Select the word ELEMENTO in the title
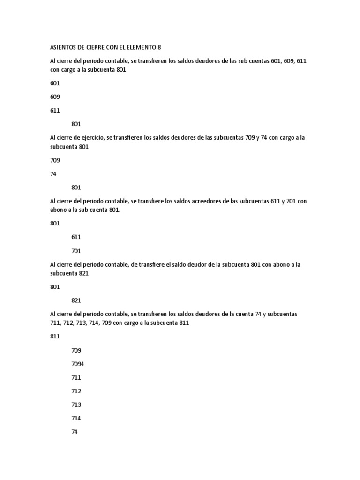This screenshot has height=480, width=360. click(x=140, y=47)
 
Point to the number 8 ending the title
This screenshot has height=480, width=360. click(x=159, y=47)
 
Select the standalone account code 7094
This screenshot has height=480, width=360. click(x=78, y=364)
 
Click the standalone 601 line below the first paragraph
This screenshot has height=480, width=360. click(x=55, y=83)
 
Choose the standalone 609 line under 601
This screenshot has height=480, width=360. click(x=55, y=97)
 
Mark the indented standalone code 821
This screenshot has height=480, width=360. click(x=76, y=300)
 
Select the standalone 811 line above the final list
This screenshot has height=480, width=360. click(x=55, y=337)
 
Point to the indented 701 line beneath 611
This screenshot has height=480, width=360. click(x=76, y=251)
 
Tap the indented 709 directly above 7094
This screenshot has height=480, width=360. click(x=76, y=350)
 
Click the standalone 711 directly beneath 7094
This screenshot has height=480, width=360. click(x=76, y=377)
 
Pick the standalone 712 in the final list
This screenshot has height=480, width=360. click(x=76, y=391)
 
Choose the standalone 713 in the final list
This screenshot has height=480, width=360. click(x=76, y=405)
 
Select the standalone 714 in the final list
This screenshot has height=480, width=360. click(x=76, y=418)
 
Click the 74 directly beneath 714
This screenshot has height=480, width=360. click(x=75, y=432)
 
